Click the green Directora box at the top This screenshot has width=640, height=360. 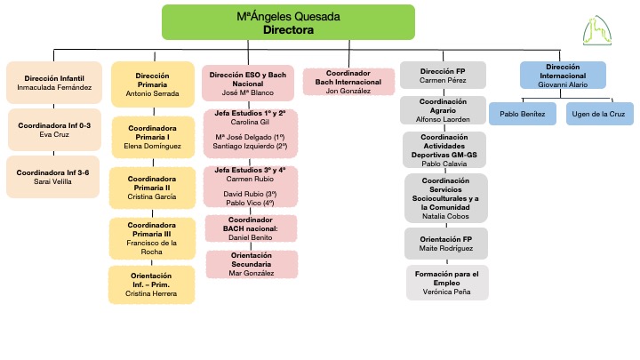tap(288, 22)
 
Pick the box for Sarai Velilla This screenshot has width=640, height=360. tap(55, 176)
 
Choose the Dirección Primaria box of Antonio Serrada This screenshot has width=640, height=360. tap(153, 84)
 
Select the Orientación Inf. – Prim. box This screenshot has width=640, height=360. tap(152, 284)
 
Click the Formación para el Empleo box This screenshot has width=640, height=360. tap(447, 283)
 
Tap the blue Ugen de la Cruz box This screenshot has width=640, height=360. tap(597, 113)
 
